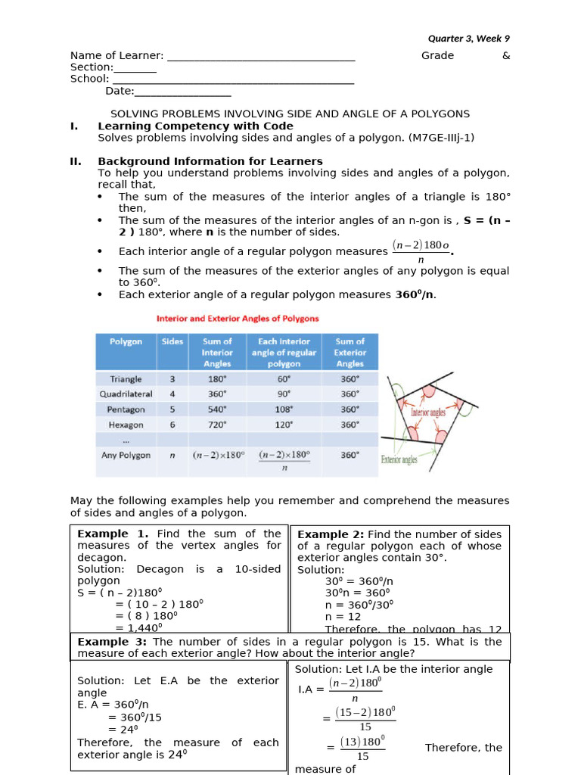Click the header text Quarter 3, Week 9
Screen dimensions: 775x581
pyautogui.click(x=468, y=39)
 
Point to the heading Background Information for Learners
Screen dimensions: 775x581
pyautogui.click(x=210, y=161)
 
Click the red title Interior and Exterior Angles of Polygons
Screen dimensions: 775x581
pyautogui.click(x=238, y=319)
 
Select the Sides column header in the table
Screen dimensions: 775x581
pyautogui.click(x=172, y=341)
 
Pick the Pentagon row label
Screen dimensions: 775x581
pyautogui.click(x=126, y=409)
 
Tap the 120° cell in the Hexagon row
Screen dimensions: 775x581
pyautogui.click(x=284, y=425)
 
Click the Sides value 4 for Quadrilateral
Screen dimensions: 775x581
pyautogui.click(x=172, y=394)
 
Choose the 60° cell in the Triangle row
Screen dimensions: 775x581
pyautogui.click(x=284, y=378)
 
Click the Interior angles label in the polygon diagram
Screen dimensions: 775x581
pyautogui.click(x=428, y=413)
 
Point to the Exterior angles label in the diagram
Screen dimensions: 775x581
pyautogui.click(x=399, y=459)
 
